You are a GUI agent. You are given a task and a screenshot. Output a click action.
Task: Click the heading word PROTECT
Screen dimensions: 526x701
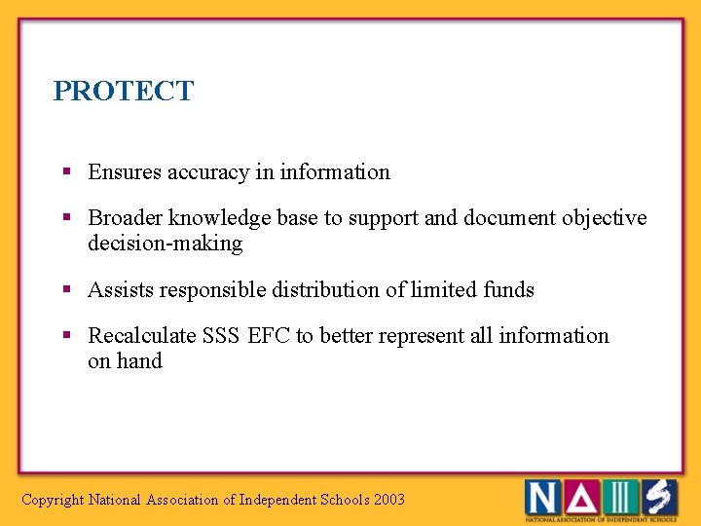pyautogui.click(x=124, y=92)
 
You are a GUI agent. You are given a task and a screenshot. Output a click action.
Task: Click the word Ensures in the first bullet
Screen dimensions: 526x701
pyautogui.click(x=124, y=172)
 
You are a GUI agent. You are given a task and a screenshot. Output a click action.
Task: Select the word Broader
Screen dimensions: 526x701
pyautogui.click(x=125, y=218)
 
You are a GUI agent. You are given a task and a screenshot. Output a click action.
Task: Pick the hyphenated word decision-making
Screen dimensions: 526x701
pyautogui.click(x=165, y=244)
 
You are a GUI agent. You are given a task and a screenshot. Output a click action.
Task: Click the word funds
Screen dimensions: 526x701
pyautogui.click(x=508, y=290)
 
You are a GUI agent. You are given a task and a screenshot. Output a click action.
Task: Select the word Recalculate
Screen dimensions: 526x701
pyautogui.click(x=141, y=336)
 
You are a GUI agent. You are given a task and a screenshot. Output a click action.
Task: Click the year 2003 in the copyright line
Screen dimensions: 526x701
pyautogui.click(x=388, y=501)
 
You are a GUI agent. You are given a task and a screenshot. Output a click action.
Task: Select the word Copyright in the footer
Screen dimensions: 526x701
pyautogui.click(x=53, y=501)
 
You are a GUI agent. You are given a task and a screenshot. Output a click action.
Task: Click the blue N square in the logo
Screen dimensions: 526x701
pyautogui.click(x=543, y=498)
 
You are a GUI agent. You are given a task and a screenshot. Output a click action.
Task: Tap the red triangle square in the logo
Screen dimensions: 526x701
pyautogui.click(x=581, y=498)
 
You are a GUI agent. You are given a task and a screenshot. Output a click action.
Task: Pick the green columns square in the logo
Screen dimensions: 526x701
pyautogui.click(x=620, y=498)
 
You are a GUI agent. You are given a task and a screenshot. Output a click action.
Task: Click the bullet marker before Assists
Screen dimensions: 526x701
pyautogui.click(x=67, y=289)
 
